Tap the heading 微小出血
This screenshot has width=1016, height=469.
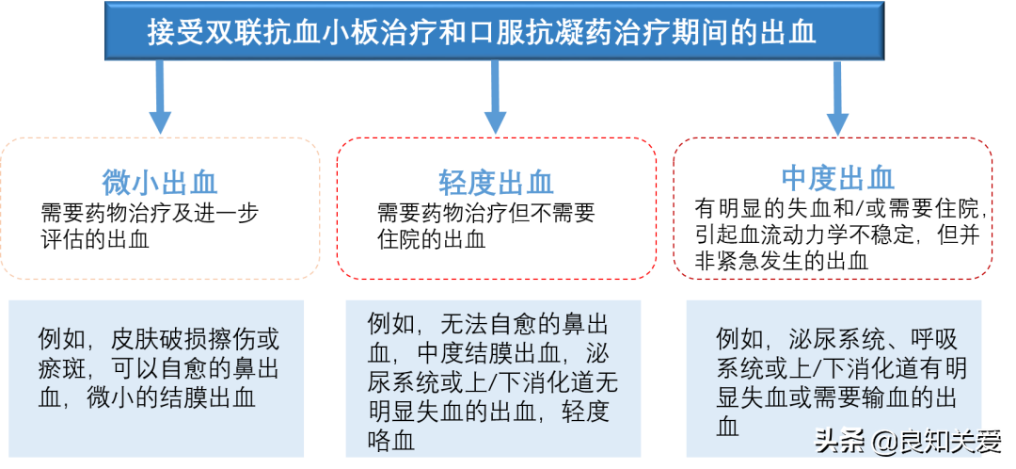[x=160, y=181]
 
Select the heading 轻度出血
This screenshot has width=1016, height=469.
[x=496, y=181]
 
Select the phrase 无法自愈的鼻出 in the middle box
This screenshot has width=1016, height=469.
[x=525, y=325]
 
